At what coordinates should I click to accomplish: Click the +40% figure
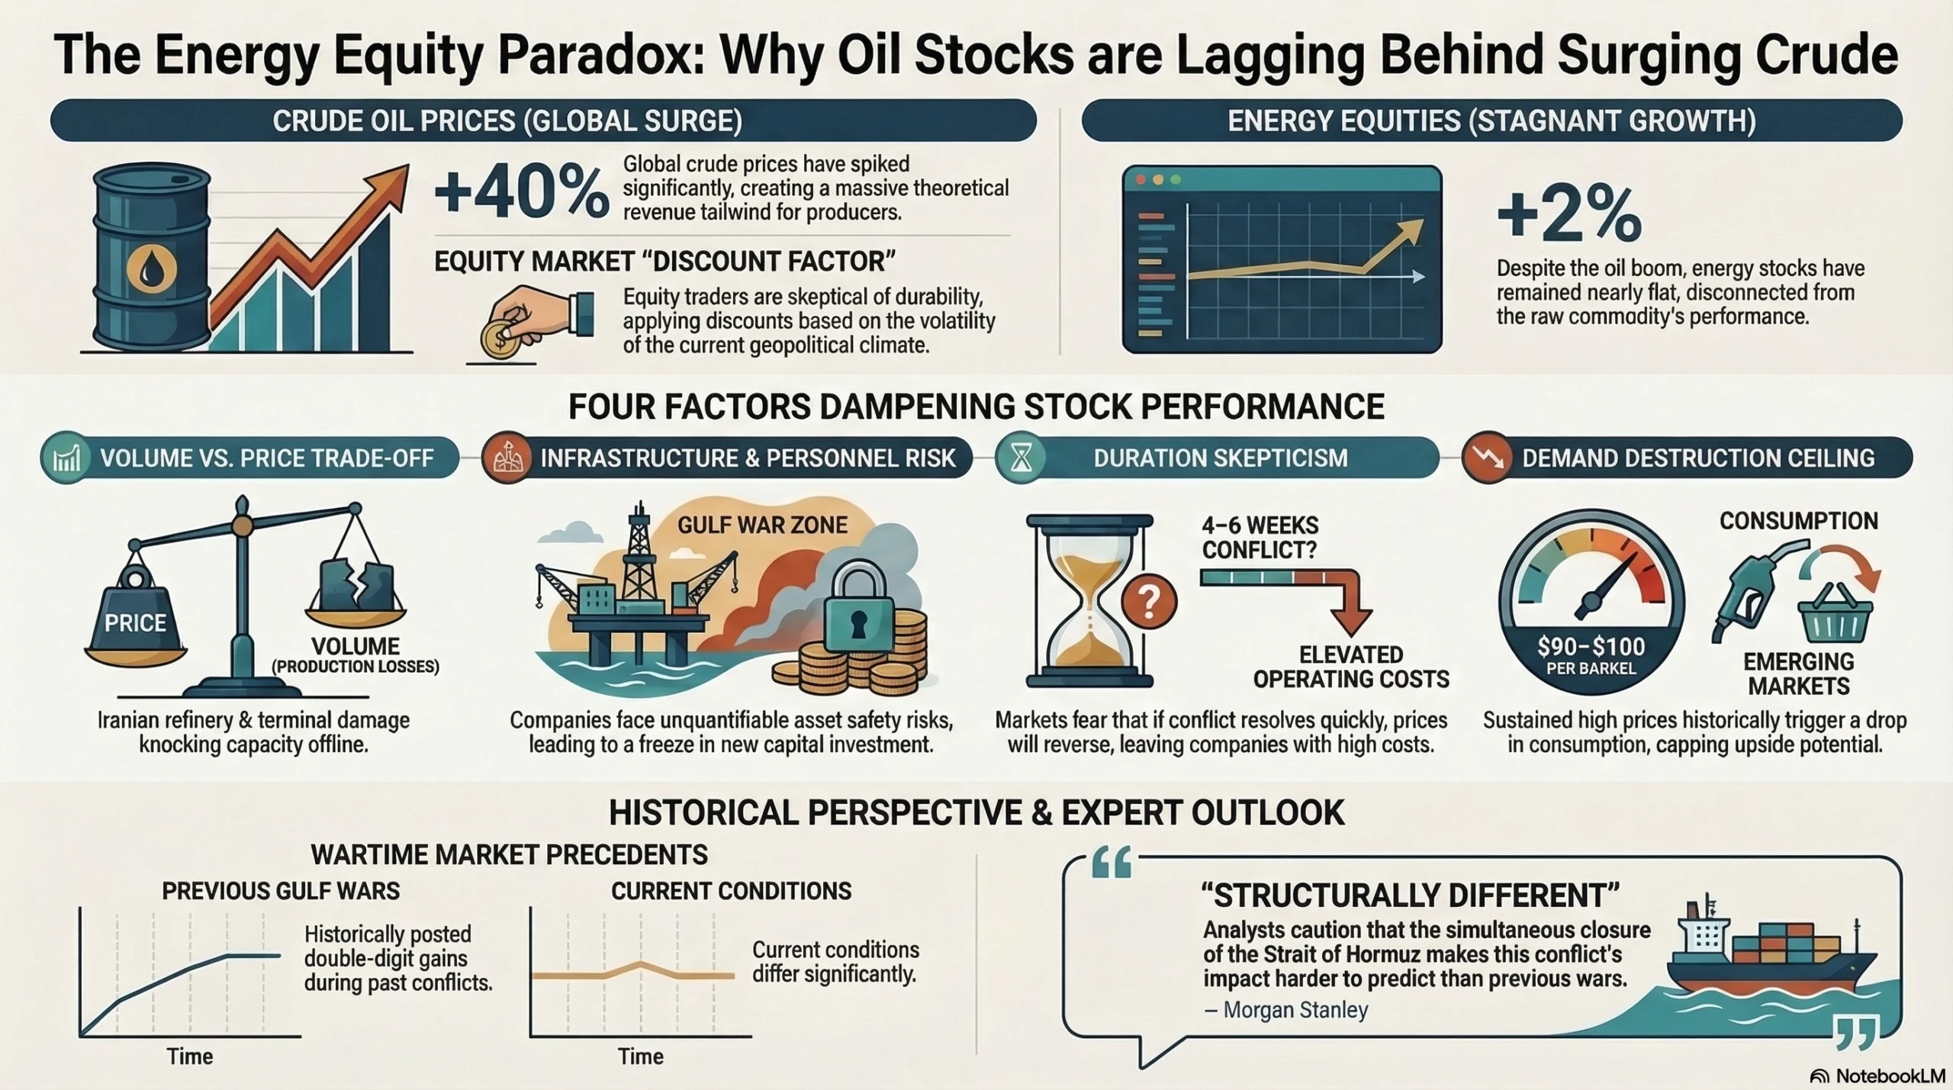point(522,191)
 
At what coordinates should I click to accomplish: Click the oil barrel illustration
point(151,259)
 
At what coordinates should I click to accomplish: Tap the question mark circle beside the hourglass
point(1148,602)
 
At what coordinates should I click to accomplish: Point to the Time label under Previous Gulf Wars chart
point(190,1056)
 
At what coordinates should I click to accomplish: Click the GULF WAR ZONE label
point(763,525)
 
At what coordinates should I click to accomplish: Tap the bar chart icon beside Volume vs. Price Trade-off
point(67,458)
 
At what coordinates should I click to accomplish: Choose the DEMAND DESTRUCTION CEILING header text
point(1698,458)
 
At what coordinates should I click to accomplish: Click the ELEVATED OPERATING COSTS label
point(1351,667)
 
